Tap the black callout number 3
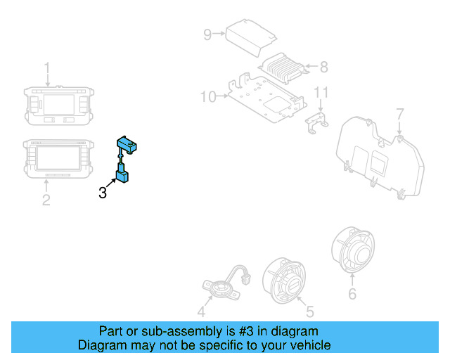(x=103, y=192)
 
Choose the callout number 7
(x=399, y=113)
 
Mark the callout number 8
(x=323, y=67)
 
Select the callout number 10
(x=208, y=96)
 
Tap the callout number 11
(x=321, y=92)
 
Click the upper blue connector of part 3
(x=128, y=145)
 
